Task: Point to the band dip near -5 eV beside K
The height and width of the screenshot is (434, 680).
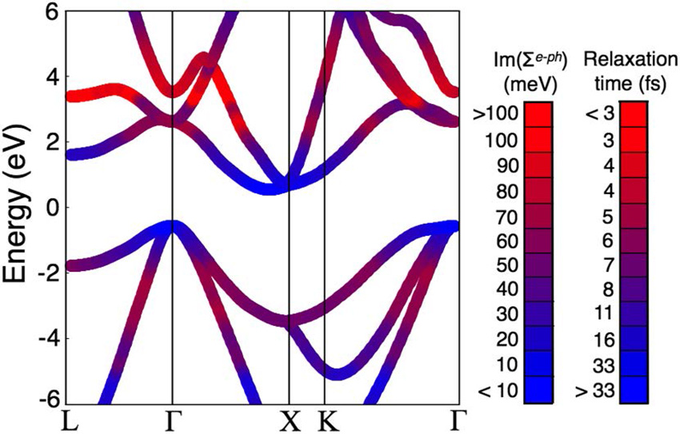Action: click(340, 372)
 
